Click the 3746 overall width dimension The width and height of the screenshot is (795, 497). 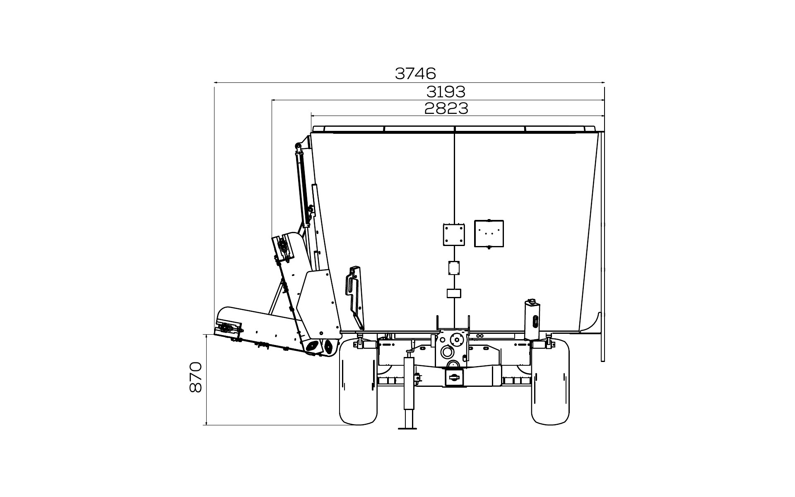[415, 73]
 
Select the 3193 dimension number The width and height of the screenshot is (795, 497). [446, 92]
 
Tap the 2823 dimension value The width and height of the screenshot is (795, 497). [446, 109]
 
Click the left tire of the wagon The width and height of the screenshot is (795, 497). [359, 381]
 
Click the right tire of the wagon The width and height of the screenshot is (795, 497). [550, 381]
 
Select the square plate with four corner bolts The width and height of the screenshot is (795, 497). [454, 235]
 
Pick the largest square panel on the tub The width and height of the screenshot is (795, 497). [489, 233]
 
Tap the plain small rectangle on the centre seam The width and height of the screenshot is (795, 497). [454, 293]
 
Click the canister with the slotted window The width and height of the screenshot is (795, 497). [533, 319]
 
